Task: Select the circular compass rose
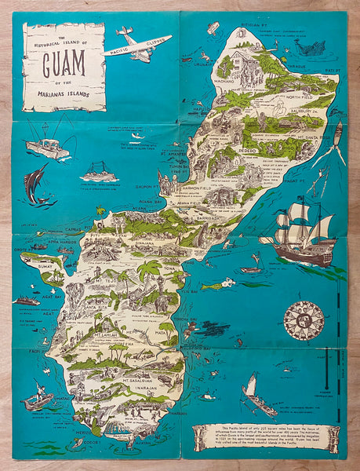(304, 320)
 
